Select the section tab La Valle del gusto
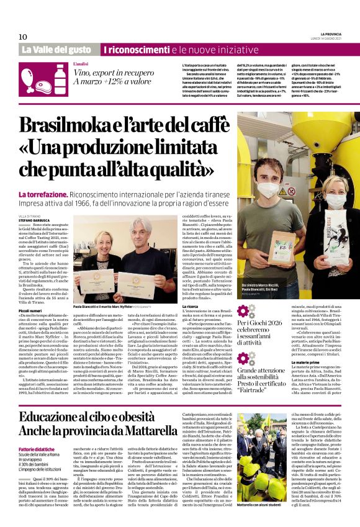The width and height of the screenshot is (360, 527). (60, 49)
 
